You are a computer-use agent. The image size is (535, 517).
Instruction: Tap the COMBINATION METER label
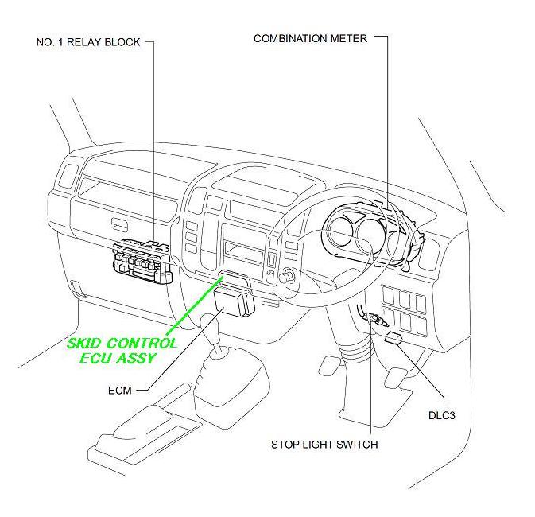coord(310,38)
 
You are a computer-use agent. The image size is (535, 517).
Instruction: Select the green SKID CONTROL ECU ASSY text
coord(122,350)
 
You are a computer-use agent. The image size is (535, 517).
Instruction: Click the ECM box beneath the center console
coord(233,303)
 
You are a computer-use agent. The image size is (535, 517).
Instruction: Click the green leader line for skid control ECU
coord(191,306)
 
